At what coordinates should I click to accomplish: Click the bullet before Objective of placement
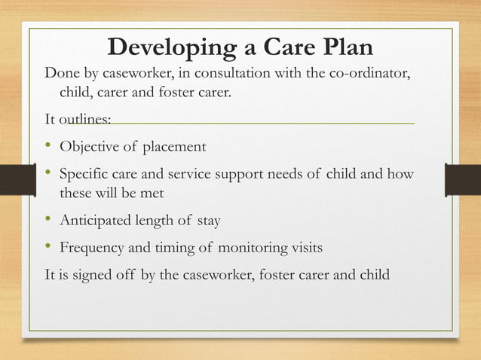pyautogui.click(x=50, y=145)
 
